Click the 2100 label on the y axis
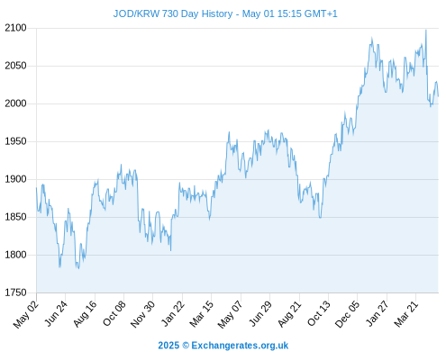coord(15,28)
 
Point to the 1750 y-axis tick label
coord(15,292)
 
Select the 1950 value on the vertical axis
coord(15,141)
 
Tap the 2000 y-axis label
coord(15,103)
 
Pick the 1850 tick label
coord(15,217)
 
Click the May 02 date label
coord(26,314)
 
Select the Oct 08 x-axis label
coord(114,313)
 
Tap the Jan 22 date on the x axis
coord(173,313)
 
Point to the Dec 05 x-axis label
coord(347,314)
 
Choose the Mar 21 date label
coord(406,314)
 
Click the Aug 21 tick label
coord(289,314)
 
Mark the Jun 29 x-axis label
coord(260,313)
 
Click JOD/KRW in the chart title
coord(136,13)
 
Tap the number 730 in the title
coord(170,13)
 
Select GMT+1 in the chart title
coord(321,13)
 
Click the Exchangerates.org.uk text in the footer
coord(240,346)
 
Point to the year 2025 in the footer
coord(168,346)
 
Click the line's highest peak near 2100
coord(425,30)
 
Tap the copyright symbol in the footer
coord(186,346)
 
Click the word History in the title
coord(217,14)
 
